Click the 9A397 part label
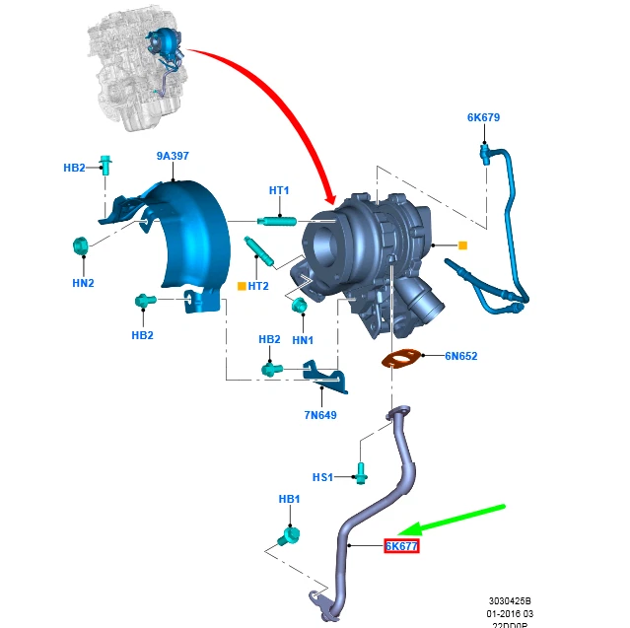(x=172, y=155)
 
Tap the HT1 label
(x=279, y=190)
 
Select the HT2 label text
(x=258, y=287)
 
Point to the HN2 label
(x=83, y=283)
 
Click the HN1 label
(x=303, y=340)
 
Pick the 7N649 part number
(x=319, y=415)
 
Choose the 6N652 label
(x=459, y=356)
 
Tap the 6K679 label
(x=483, y=118)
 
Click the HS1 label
(x=323, y=477)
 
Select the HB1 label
(x=288, y=500)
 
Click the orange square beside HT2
(x=241, y=287)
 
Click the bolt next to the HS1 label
(x=362, y=473)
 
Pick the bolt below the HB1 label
(x=289, y=536)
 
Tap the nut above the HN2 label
(x=81, y=245)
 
